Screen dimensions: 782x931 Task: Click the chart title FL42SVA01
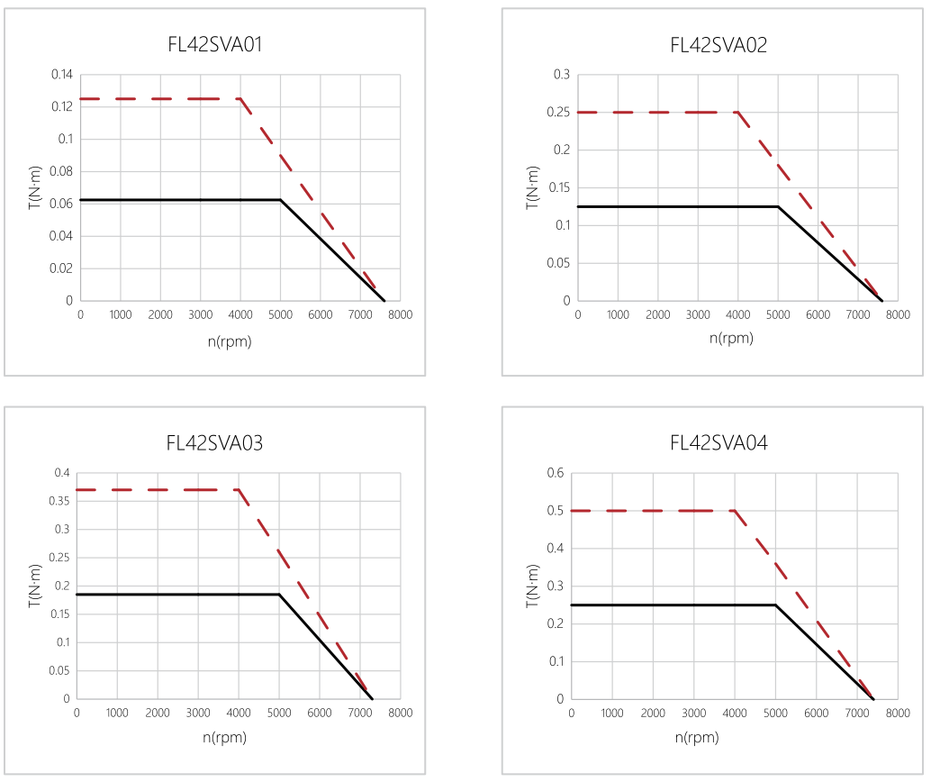pos(214,44)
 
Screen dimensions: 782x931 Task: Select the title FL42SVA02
pos(719,44)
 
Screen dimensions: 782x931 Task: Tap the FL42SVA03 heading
pos(214,442)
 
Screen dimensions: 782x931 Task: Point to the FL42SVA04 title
pos(719,442)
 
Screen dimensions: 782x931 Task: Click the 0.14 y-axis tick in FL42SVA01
pos(62,74)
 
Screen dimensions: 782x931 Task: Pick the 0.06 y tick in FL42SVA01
pos(62,204)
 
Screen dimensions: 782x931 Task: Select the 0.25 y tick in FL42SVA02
pos(558,112)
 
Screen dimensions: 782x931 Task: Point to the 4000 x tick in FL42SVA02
pos(737,314)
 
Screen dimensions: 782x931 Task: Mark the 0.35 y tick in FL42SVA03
pos(59,501)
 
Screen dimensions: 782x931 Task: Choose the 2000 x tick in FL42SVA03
pos(158,713)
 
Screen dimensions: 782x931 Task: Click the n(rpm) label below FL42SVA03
pos(224,737)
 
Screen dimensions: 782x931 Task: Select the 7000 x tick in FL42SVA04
pos(856,713)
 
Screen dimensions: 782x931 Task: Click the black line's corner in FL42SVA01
pos(281,200)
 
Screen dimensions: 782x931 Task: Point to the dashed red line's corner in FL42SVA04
pos(735,511)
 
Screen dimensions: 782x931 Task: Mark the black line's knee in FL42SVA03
pos(279,595)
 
